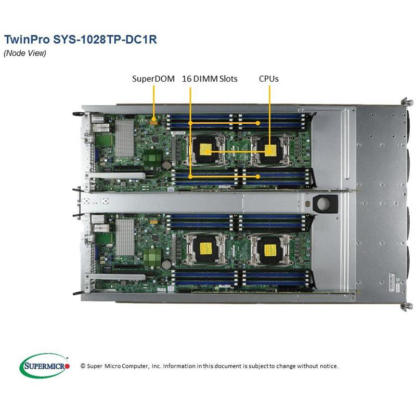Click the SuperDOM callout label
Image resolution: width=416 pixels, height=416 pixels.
point(152,79)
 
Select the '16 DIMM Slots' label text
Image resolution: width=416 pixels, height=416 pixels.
point(210,79)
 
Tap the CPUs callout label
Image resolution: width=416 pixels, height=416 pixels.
point(269,79)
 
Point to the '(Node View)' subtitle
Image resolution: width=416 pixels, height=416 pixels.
point(25,53)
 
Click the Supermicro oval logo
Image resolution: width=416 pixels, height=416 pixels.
point(44,366)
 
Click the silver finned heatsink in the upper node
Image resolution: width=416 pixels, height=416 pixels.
point(124,138)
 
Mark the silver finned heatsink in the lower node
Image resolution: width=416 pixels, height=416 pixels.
point(124,237)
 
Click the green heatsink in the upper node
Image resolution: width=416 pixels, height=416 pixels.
point(151,158)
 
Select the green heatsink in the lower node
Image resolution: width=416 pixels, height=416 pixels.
point(151,256)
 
